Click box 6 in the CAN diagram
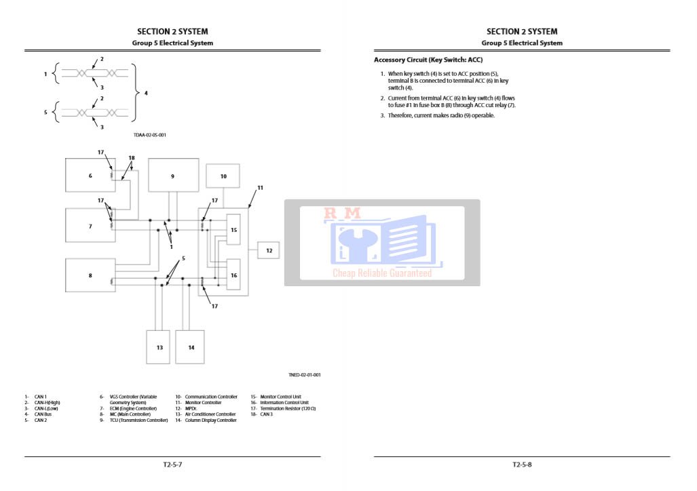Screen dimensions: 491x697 [90, 176]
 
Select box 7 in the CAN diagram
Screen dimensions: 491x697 [90, 226]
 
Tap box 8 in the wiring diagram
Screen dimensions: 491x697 [90, 275]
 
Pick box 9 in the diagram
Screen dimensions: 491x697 [173, 176]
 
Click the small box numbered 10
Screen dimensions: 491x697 [223, 176]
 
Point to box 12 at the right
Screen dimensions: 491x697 [269, 250]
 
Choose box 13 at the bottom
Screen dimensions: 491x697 [159, 347]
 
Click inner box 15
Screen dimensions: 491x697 [233, 230]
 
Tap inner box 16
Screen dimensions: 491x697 [233, 275]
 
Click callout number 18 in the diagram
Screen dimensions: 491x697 [132, 158]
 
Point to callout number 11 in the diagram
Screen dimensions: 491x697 [260, 188]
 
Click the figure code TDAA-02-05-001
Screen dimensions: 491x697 [150, 135]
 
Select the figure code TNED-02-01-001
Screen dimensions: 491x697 [305, 375]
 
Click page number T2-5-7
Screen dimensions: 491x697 [172, 465]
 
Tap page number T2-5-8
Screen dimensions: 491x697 [522, 465]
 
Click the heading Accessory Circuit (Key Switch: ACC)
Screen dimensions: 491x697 [428, 60]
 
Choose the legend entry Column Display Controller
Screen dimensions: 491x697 [210, 420]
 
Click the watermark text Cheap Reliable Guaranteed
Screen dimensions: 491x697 [381, 273]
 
